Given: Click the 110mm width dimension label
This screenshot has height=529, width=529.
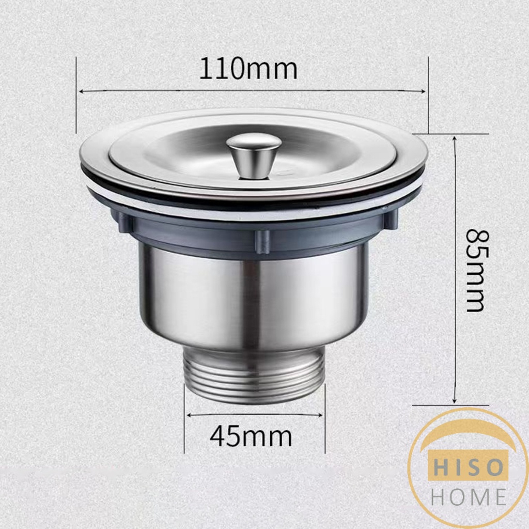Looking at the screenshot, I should [x=248, y=70].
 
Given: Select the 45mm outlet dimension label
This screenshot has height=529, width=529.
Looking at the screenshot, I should [x=251, y=437].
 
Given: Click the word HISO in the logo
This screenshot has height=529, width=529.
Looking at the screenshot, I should [x=468, y=468].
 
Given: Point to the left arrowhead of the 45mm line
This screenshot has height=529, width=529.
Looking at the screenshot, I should [x=189, y=414].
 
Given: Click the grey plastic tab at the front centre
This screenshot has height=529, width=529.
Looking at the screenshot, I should [x=262, y=241].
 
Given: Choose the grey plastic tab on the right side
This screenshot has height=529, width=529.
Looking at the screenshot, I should [x=391, y=219].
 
